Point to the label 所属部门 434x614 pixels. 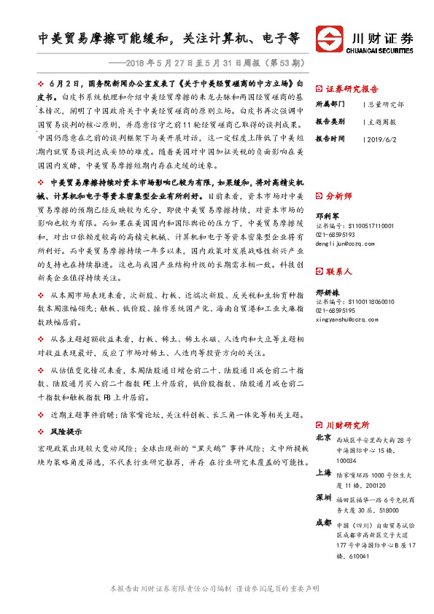tap(332, 104)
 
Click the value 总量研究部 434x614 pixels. tap(387, 104)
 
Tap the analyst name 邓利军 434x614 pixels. tap(328, 217)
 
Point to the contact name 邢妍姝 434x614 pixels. tap(328, 291)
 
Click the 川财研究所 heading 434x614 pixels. tap(348, 424)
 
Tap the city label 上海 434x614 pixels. tap(324, 472)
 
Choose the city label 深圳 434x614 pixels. tap(324, 497)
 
